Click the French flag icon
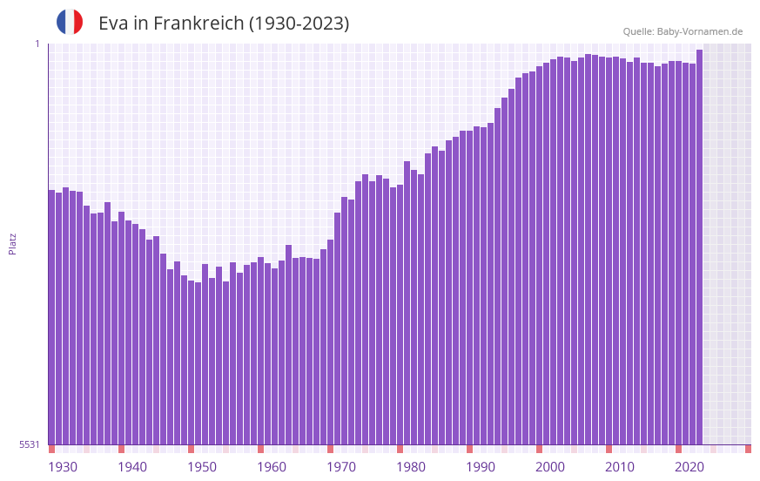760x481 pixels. pos(70,23)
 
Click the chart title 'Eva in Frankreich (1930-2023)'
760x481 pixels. pos(224,24)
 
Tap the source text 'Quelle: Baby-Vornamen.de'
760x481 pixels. pos(683,31)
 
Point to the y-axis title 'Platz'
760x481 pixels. pos(12,243)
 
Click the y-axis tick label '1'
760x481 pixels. pos(37,44)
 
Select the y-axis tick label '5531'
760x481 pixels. pos(30,444)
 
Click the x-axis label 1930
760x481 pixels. pos(63,467)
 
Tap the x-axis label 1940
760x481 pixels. pos(132,467)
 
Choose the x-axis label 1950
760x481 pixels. pos(202,467)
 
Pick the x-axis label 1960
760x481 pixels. pos(272,467)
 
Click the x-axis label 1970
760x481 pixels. pos(341,467)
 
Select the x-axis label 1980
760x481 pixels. pos(411,467)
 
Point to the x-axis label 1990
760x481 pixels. pos(481,467)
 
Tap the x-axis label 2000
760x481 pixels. pos(550,467)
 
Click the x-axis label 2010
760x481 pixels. pos(620,467)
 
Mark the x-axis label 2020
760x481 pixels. pos(689,467)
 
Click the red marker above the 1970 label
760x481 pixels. pos(330,449)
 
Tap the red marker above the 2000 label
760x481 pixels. pos(539,449)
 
